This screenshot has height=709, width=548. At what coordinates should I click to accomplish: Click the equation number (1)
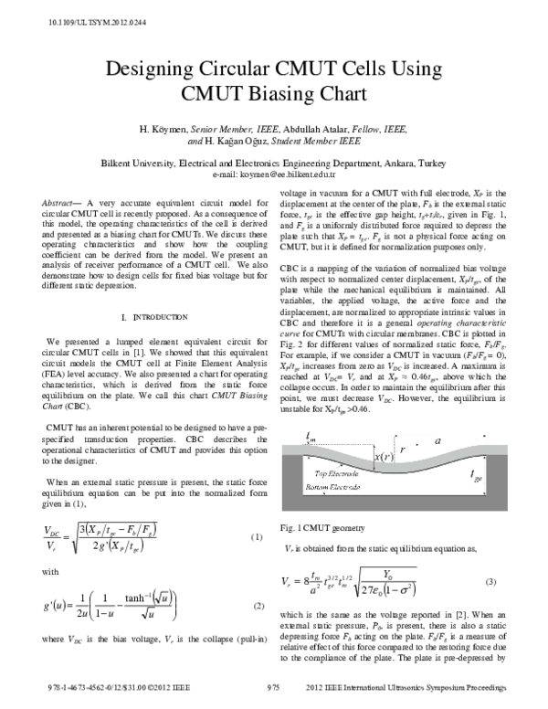256,536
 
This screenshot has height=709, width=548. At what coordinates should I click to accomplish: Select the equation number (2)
256,606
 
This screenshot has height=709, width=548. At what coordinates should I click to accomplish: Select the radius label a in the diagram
437,440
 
